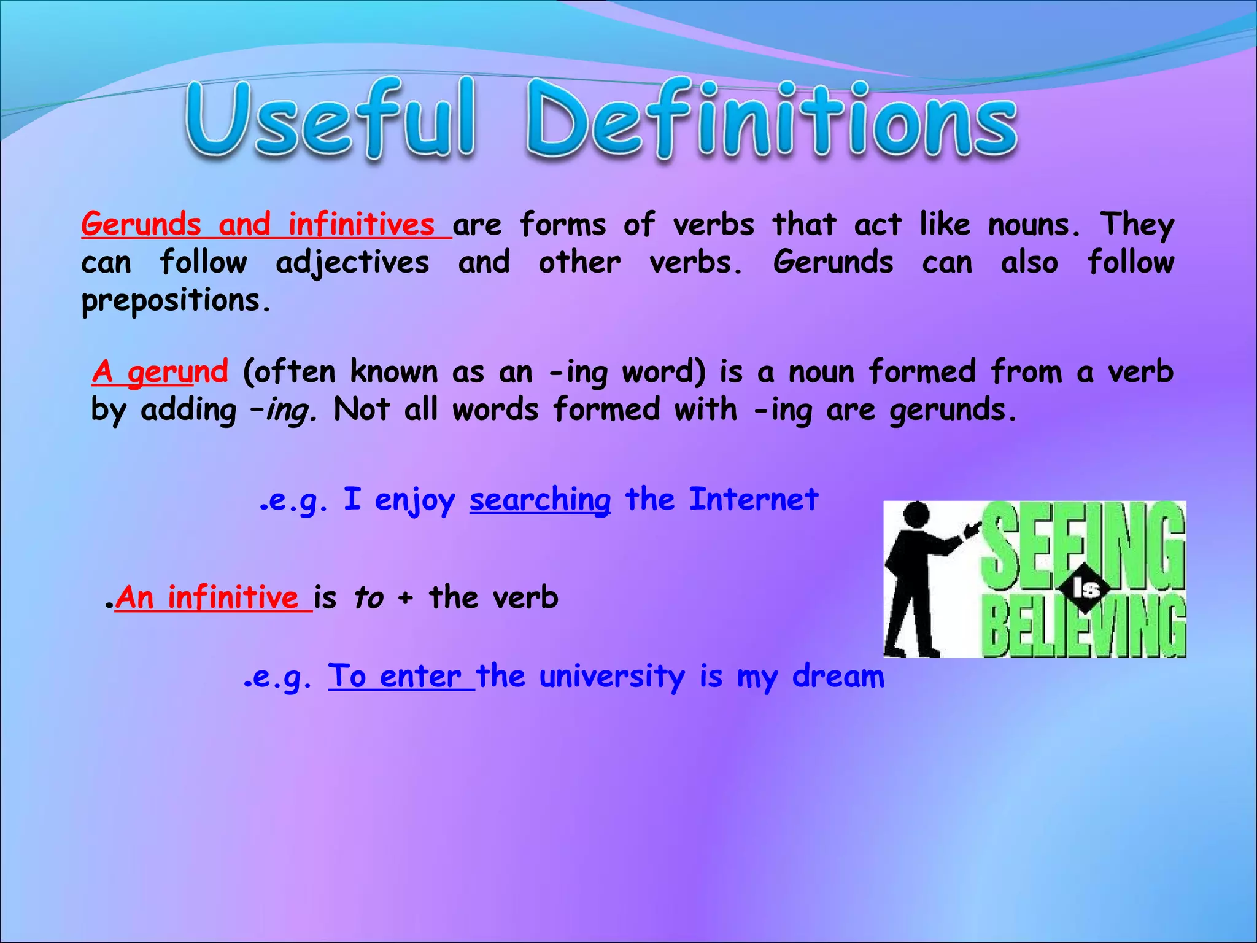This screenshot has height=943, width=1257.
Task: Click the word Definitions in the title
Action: (x=771, y=120)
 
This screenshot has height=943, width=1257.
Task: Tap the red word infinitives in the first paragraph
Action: (x=362, y=224)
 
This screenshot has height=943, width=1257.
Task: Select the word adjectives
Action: (x=352, y=263)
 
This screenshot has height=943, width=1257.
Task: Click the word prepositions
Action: (x=175, y=301)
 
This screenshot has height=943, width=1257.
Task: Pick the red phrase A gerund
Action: (x=160, y=371)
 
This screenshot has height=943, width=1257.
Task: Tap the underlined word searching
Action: (x=540, y=500)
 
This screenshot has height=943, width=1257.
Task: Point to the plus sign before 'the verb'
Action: (x=405, y=599)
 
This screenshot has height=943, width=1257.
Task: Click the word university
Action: (x=612, y=677)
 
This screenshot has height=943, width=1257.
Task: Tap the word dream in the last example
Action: (x=838, y=677)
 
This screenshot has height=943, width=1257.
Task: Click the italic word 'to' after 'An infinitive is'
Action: (x=368, y=598)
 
